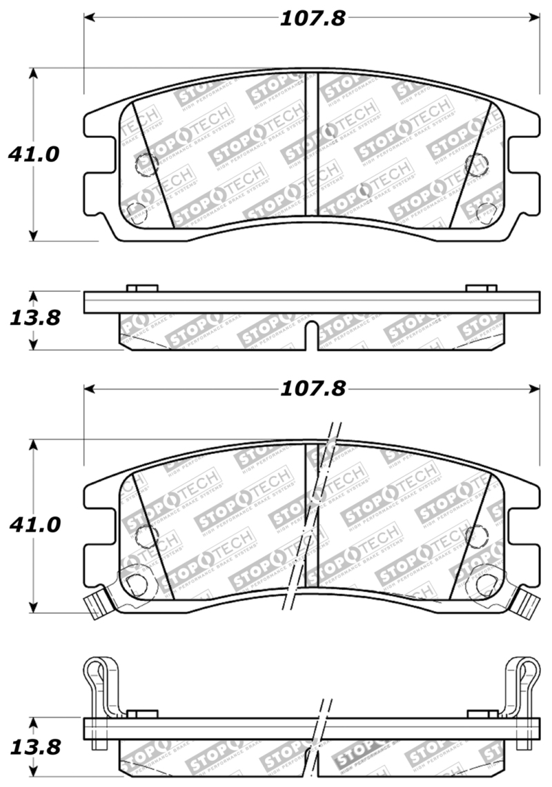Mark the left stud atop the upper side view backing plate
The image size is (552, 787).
[x=143, y=288]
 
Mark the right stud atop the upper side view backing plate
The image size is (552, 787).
[x=481, y=288]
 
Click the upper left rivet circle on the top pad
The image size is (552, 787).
[x=147, y=163]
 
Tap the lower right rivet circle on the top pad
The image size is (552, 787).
[x=486, y=210]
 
